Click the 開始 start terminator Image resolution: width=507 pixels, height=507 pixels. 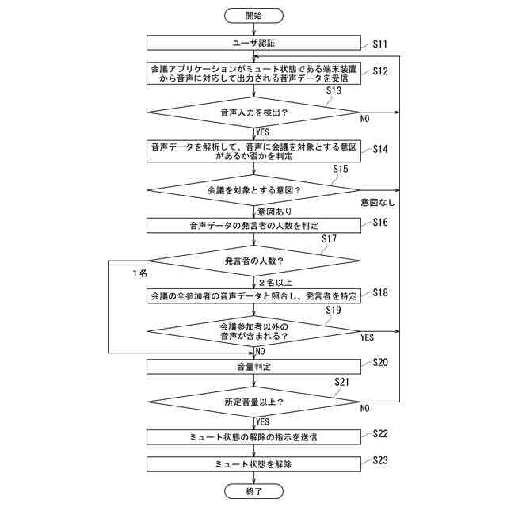(x=253, y=16)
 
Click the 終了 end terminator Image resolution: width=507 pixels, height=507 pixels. (x=253, y=491)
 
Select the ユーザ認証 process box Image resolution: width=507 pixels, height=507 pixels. (x=253, y=43)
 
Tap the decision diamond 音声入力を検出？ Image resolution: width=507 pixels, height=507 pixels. (x=253, y=112)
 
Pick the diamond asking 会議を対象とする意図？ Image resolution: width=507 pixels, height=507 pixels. (x=253, y=190)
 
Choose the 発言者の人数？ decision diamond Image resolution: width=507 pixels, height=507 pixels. (x=253, y=261)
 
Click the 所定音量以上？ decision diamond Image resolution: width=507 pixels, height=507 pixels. (x=253, y=402)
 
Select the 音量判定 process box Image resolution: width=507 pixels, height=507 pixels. (x=253, y=367)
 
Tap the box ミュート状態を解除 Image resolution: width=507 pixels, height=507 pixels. (x=253, y=464)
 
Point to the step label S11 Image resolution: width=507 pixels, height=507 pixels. (x=380, y=44)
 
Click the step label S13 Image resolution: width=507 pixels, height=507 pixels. (x=334, y=90)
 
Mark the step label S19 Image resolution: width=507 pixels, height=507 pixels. (x=334, y=310)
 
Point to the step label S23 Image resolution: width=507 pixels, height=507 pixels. (x=380, y=460)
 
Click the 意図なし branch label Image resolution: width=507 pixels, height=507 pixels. (x=378, y=203)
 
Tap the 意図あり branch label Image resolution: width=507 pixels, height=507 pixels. (x=275, y=212)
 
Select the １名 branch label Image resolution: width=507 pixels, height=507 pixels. (x=139, y=273)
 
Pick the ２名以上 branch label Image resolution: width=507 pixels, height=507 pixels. (x=275, y=283)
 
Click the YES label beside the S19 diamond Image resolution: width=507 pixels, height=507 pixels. (x=368, y=337)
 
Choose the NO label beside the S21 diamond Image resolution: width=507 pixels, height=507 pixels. (x=365, y=409)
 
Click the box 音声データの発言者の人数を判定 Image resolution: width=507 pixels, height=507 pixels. (x=253, y=225)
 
